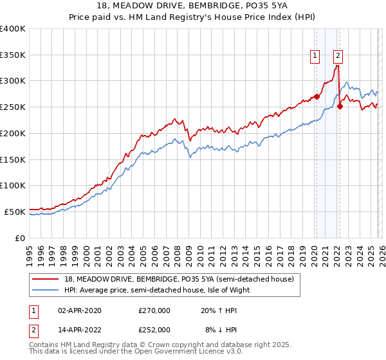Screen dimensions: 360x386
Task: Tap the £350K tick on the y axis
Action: [12, 55]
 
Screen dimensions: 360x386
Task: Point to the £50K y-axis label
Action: [14, 212]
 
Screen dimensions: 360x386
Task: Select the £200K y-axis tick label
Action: [12, 133]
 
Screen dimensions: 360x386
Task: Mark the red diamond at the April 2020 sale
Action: [316, 97]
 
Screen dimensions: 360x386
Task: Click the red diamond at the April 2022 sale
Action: [340, 107]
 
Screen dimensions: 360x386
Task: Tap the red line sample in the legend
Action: [46, 279]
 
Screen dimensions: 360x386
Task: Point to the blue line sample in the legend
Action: [46, 289]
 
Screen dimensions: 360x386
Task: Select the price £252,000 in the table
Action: [154, 329]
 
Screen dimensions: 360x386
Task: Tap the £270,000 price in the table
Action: [154, 310]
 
